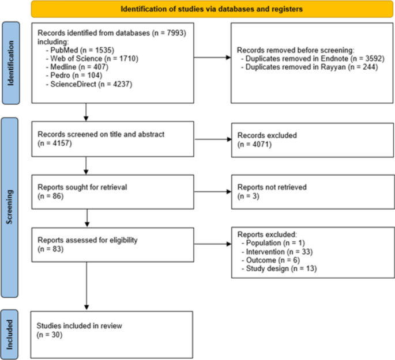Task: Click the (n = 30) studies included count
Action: coord(47,334)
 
